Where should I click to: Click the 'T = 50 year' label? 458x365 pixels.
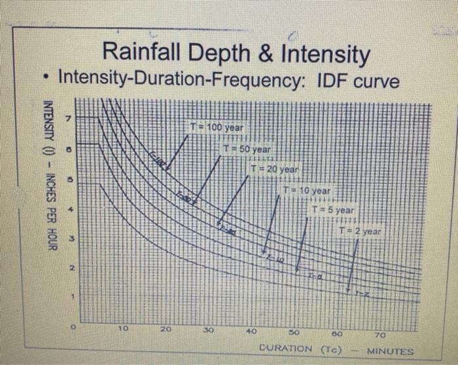246,149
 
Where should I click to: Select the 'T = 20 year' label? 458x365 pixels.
275,170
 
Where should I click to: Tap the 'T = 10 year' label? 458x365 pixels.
307,190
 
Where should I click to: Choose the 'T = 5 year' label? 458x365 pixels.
334,210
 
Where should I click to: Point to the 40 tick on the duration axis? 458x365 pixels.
251,330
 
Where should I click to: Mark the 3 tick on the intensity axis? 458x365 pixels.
74,237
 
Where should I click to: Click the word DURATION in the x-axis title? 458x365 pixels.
285,348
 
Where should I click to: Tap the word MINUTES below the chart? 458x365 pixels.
390,351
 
